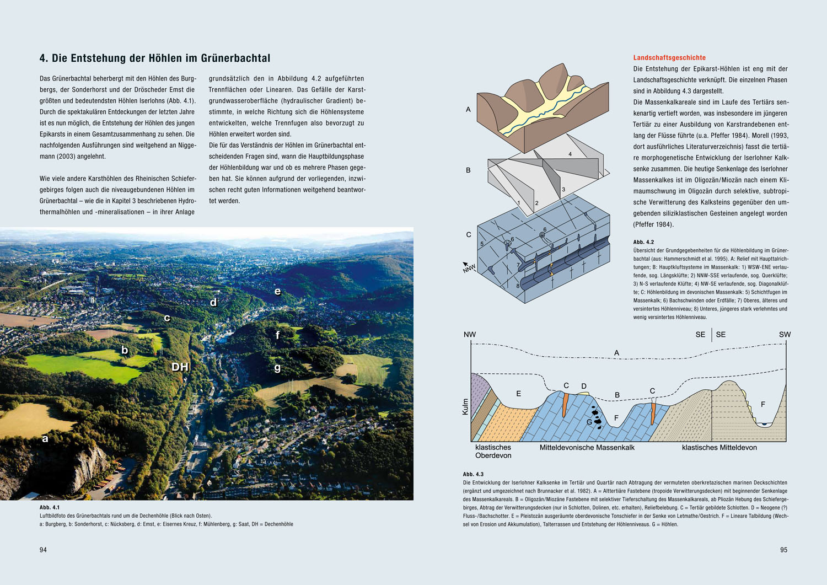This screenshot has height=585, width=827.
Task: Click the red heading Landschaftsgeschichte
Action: (669, 58)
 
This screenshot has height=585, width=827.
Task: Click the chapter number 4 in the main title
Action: (42, 58)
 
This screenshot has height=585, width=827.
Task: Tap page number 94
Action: (43, 550)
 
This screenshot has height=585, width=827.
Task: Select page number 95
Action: (783, 550)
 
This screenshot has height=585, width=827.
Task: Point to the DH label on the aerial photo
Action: (180, 367)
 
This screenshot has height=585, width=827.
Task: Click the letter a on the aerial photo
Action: (45, 439)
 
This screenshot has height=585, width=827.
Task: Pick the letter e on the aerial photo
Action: (277, 291)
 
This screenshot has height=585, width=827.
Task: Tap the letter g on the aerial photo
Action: (277, 368)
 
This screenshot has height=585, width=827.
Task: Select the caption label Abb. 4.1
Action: (50, 507)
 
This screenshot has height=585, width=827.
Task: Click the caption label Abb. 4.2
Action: (643, 242)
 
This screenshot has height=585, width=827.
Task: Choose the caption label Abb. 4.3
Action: (473, 474)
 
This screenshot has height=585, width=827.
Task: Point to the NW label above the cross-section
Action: (470, 335)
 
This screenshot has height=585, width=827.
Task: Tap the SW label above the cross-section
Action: (785, 335)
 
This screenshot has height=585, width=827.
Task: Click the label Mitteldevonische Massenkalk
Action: (587, 448)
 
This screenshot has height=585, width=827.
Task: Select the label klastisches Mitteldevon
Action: (719, 448)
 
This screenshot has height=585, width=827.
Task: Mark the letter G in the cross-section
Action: (589, 422)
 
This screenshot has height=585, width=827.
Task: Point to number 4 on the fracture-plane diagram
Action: (570, 154)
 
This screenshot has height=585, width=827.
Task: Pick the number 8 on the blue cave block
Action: (518, 286)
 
